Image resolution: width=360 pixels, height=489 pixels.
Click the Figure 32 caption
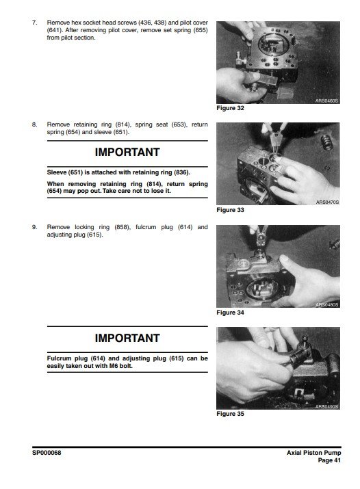coord(230,108)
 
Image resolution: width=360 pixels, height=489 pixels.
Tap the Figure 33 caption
coord(230,210)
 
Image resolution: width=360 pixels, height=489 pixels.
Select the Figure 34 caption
coord(230,313)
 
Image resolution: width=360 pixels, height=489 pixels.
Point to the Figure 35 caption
coord(230,414)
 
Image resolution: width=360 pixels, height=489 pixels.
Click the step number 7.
coord(34,23)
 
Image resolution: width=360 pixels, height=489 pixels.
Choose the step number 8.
coord(34,124)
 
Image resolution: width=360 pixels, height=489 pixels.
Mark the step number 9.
coord(34,227)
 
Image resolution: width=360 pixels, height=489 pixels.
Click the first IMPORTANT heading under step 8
coord(127,153)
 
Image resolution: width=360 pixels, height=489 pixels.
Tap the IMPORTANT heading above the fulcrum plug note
coord(127,338)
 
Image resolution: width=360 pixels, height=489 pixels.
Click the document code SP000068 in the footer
coord(47,453)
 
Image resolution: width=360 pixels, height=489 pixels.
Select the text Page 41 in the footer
coord(329,460)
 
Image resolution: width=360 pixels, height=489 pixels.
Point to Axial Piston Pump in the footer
coord(314,453)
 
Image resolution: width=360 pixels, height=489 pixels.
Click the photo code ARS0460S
coord(326,101)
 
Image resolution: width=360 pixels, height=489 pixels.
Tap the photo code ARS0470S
coord(327,202)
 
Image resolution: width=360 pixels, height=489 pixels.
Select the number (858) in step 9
coord(122,227)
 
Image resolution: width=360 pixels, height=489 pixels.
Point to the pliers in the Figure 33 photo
coord(274,137)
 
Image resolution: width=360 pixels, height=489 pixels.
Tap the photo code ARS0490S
coord(326,407)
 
